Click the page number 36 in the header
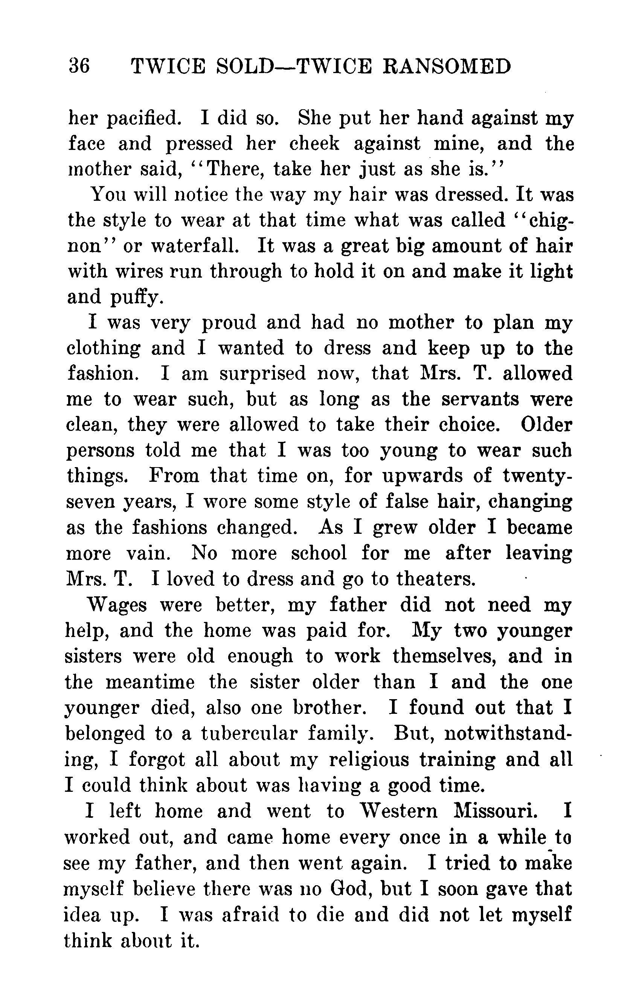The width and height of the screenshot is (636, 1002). [79, 67]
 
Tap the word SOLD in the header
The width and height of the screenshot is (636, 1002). [245, 67]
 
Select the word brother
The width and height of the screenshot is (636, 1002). [327, 708]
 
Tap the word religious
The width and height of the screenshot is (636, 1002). [369, 759]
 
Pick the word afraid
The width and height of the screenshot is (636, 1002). [250, 914]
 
